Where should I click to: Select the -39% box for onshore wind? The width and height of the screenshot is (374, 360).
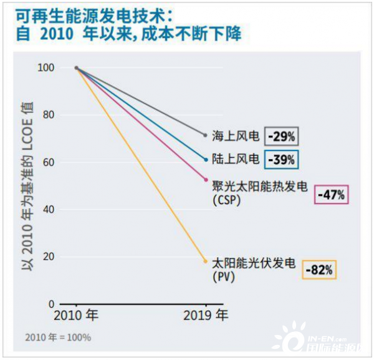pyautogui.click(x=281, y=160)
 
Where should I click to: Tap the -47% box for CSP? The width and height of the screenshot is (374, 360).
pyautogui.click(x=332, y=195)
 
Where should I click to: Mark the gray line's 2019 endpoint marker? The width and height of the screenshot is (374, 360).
pyautogui.click(x=206, y=135)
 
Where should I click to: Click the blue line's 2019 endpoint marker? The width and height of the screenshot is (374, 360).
pyautogui.click(x=206, y=159)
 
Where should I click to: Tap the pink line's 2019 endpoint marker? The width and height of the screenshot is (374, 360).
pyautogui.click(x=206, y=180)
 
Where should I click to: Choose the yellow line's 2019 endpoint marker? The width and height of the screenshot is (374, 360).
pyautogui.click(x=206, y=261)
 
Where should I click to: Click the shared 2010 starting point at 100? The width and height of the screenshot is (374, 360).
pyautogui.click(x=76, y=68)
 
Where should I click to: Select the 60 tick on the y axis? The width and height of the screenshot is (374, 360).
pyautogui.click(x=50, y=162)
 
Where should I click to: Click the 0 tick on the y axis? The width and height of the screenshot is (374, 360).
pyautogui.click(x=53, y=304)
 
